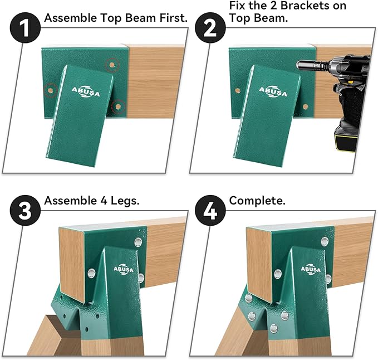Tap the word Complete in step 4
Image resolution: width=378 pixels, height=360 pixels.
tap(257, 201)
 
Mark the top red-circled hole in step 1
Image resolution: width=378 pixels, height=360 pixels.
tap(114, 65)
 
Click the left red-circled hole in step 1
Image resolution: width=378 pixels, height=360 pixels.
tap(50, 89)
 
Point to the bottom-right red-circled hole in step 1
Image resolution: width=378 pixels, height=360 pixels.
tap(118, 105)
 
